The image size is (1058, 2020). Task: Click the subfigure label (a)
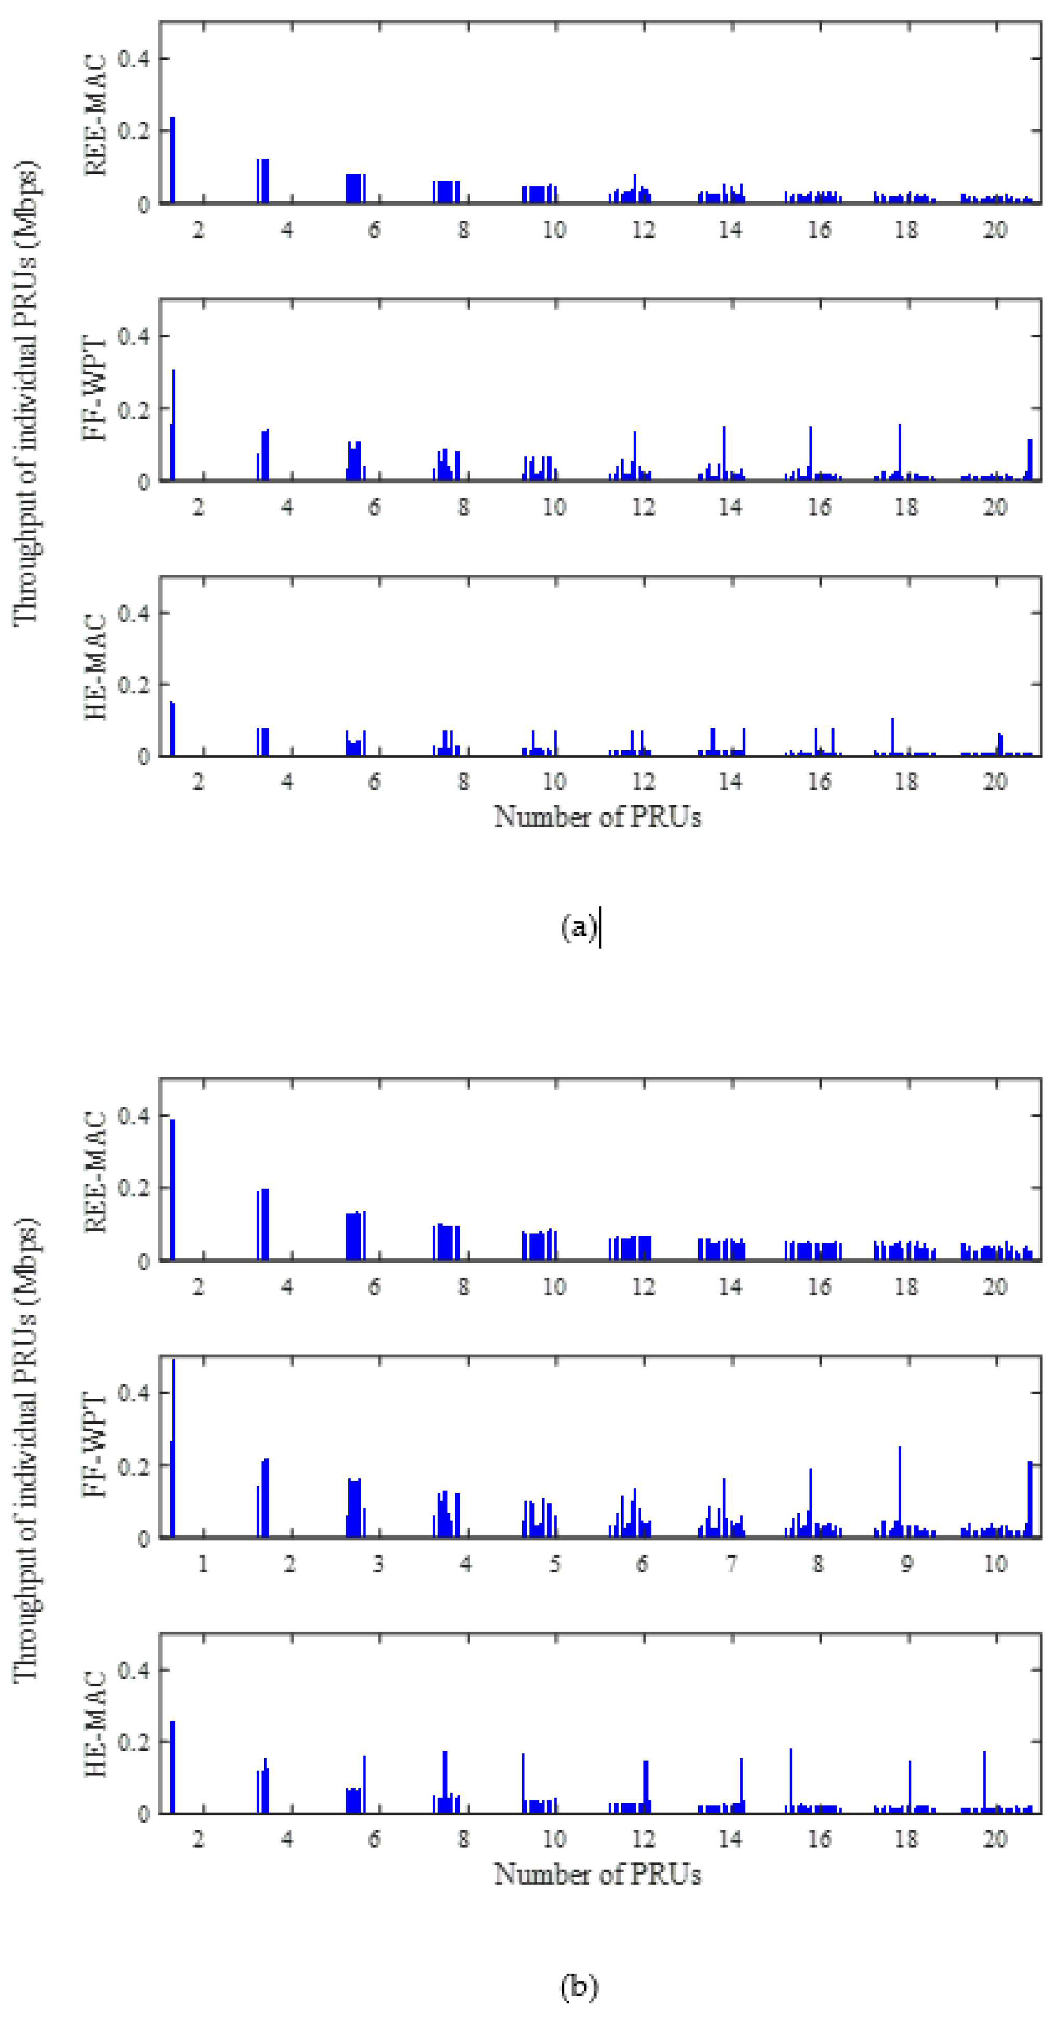coord(579,928)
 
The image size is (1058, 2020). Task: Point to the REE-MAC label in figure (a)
coord(95,115)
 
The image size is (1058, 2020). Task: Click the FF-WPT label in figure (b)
coord(95,1445)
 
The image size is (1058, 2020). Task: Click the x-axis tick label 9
coord(906,1564)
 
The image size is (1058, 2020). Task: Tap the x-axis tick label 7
coord(731,1564)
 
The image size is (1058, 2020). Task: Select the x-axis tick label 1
coord(203,1564)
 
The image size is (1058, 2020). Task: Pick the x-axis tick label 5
coord(555,1564)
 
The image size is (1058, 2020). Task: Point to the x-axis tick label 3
coord(378,1564)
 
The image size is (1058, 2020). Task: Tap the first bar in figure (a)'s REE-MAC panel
coord(172,160)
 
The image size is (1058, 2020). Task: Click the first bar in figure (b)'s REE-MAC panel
coord(172,1190)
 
